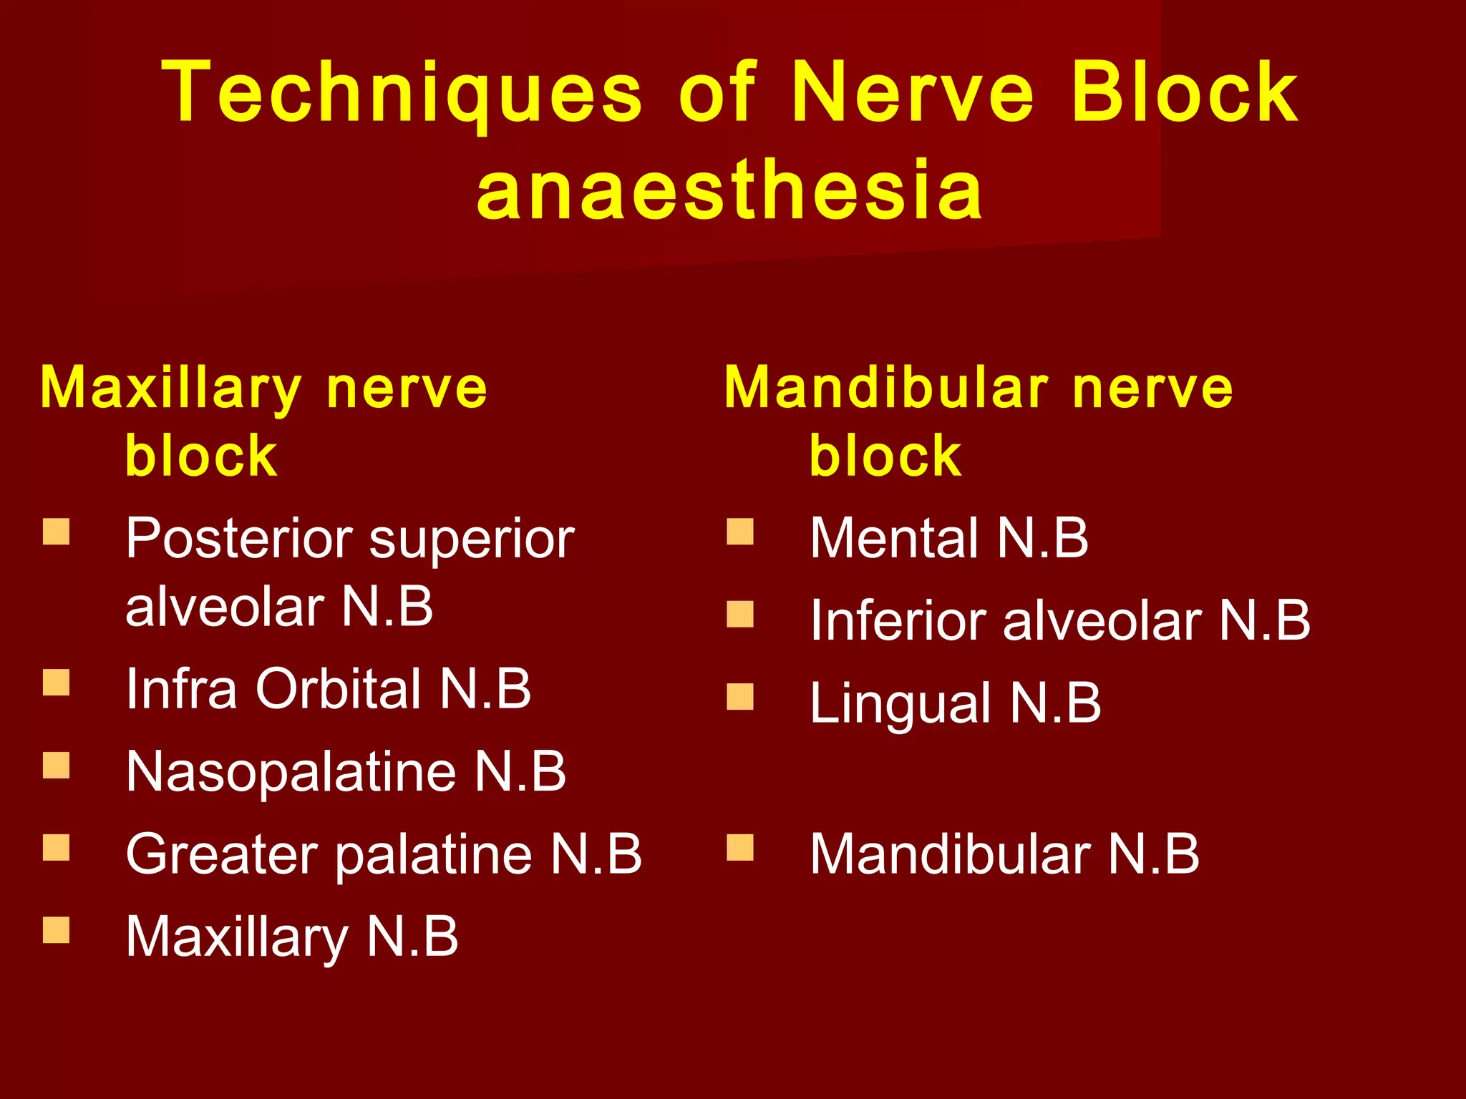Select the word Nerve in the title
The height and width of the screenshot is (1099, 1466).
(x=913, y=93)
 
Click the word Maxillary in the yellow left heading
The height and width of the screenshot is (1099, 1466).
(x=170, y=389)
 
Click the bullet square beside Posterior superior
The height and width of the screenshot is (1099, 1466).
(x=56, y=532)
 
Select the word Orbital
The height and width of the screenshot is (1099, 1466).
(x=339, y=689)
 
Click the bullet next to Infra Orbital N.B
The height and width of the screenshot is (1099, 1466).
(x=56, y=683)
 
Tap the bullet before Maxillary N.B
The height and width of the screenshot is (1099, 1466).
(x=56, y=931)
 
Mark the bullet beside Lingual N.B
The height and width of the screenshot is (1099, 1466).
(x=740, y=696)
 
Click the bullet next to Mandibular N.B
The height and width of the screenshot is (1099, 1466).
(x=740, y=848)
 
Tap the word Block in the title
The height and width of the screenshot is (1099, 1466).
(x=1185, y=93)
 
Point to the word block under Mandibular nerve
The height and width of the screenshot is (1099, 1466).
(x=885, y=456)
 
